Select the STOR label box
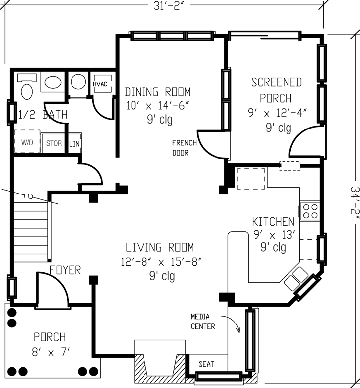(x=54, y=143)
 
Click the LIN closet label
(x=74, y=143)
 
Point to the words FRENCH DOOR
(x=184, y=148)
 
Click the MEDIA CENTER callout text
(x=203, y=322)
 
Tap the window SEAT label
(x=206, y=364)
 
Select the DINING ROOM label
(x=157, y=92)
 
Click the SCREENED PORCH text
(x=276, y=90)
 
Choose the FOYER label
(x=65, y=270)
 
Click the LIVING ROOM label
(x=159, y=247)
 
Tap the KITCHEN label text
(x=273, y=222)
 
